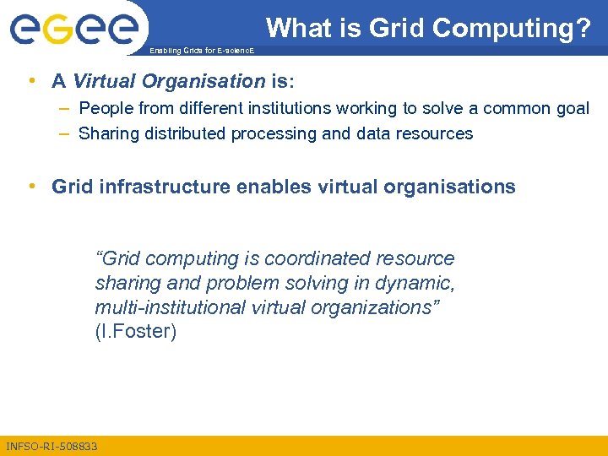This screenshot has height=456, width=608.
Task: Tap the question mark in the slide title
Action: tap(583, 28)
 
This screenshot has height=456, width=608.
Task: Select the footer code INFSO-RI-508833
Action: tap(52, 446)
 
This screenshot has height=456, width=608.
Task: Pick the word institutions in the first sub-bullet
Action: tap(283, 108)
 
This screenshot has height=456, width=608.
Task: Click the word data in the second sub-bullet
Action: tap(374, 133)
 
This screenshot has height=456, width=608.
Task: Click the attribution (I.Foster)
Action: tap(136, 332)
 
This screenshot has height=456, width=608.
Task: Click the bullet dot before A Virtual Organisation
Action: tap(31, 81)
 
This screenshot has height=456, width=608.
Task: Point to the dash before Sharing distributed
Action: tap(65, 133)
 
